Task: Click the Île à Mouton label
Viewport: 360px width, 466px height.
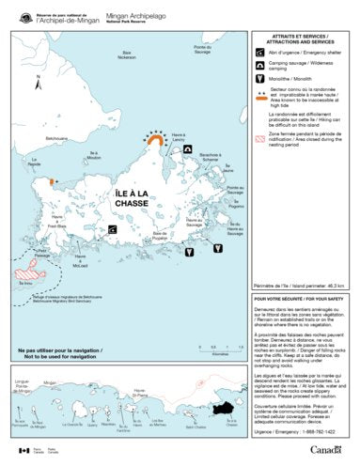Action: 93,157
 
